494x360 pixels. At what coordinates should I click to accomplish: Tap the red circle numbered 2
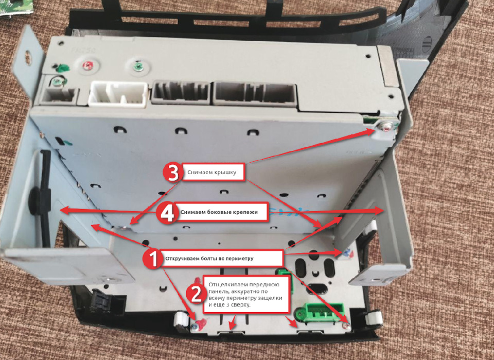point(197,294)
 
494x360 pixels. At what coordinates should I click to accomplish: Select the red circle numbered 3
point(173,173)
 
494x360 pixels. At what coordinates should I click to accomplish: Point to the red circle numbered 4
point(167,213)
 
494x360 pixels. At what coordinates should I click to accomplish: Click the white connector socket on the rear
point(118,94)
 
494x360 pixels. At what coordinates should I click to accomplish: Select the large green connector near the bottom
point(319,312)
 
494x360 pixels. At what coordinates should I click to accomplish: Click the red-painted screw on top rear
point(88,65)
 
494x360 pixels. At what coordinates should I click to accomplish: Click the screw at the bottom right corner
point(346,327)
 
